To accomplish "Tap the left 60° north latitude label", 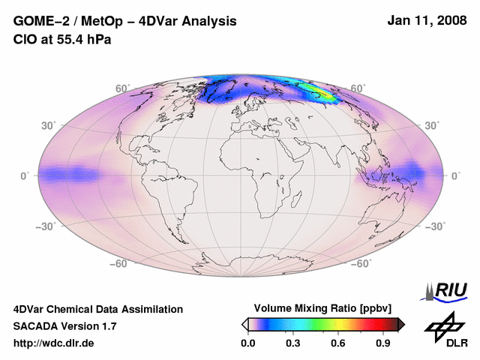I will tap(122, 88).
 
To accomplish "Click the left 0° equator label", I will tap(25, 175).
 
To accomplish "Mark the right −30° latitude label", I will tap(436, 226).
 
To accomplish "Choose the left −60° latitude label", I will tap(121, 263).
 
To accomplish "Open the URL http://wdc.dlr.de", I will tap(54, 343).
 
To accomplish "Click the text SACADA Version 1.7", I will tap(64, 326).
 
